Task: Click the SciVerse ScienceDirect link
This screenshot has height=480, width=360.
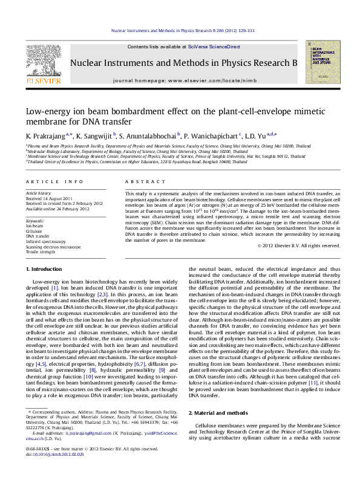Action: pos(214,47)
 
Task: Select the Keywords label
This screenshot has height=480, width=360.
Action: pos(35,221)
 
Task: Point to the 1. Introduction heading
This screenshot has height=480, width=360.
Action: pos(46,268)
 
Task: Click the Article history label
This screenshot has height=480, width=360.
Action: pos(39,192)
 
